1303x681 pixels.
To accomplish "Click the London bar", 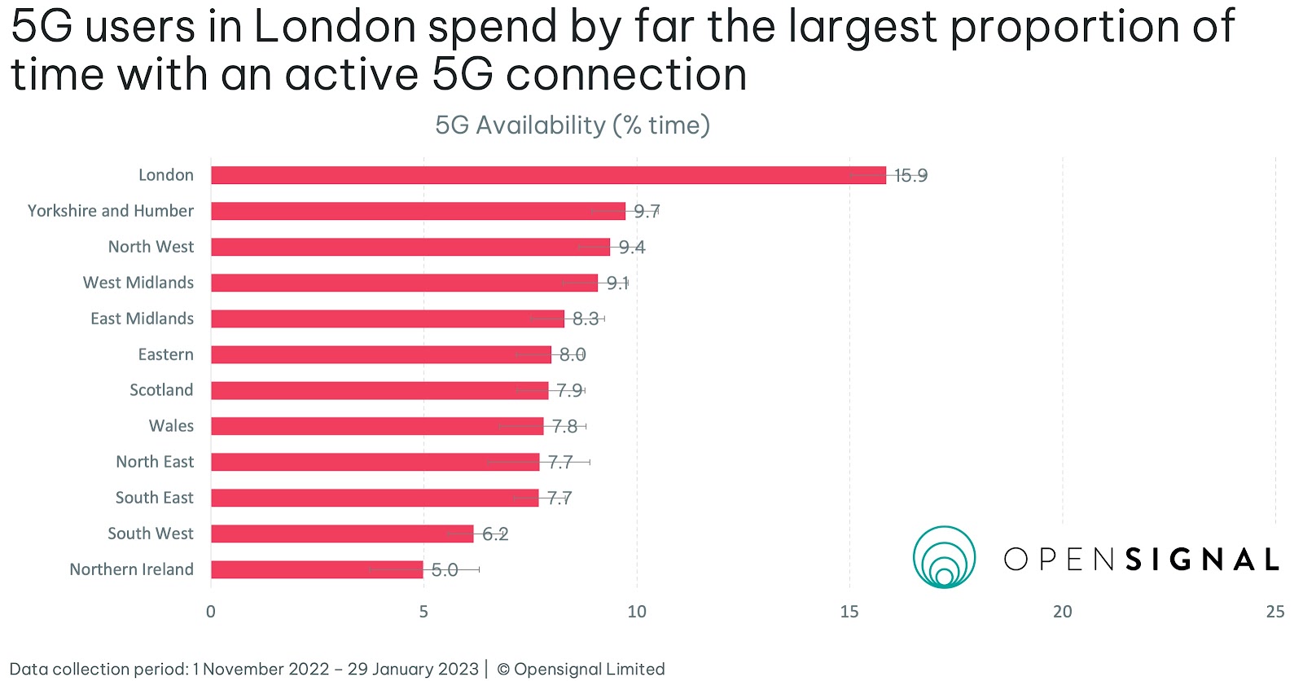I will coord(548,175).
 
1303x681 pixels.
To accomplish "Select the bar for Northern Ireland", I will coord(317,569).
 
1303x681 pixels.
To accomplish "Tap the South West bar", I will coord(342,534).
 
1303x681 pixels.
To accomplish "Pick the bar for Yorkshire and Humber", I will coord(418,211).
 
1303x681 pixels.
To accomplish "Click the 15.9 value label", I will coord(910,176).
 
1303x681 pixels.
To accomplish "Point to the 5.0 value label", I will coord(445,570).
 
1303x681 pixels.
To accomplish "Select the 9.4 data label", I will coord(632,248).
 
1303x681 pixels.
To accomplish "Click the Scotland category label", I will coord(161,390).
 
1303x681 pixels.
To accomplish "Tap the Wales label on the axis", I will coord(171,426).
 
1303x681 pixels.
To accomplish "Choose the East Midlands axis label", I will coord(142,319).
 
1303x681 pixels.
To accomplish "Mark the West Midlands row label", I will coord(138,283).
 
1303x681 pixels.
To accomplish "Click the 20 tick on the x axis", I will coord(1062,612).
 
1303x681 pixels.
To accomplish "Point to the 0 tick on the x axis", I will coord(211,612).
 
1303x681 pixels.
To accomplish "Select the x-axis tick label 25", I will coord(1274,612).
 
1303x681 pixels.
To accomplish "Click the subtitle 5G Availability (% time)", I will coord(573,125).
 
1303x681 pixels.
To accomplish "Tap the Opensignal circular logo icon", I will coord(944,558).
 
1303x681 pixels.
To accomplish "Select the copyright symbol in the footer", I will coord(503,670).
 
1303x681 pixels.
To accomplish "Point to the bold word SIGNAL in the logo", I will coord(1202,560).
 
